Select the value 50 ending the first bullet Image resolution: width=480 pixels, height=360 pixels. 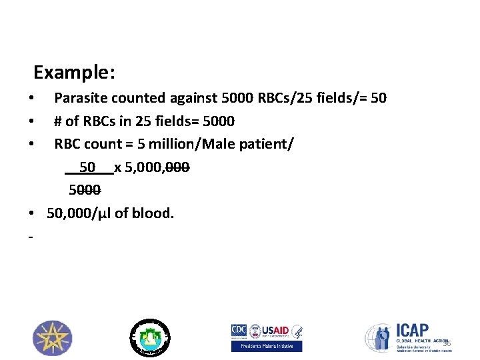378,98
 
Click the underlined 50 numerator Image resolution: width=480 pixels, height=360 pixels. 87,167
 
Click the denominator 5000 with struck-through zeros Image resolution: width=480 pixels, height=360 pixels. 85,190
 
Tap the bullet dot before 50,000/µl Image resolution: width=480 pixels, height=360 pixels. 32,214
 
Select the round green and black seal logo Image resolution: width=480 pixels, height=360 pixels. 149,337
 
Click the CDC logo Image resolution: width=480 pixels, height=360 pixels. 239,330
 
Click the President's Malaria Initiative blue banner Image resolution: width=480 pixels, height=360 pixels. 267,346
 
